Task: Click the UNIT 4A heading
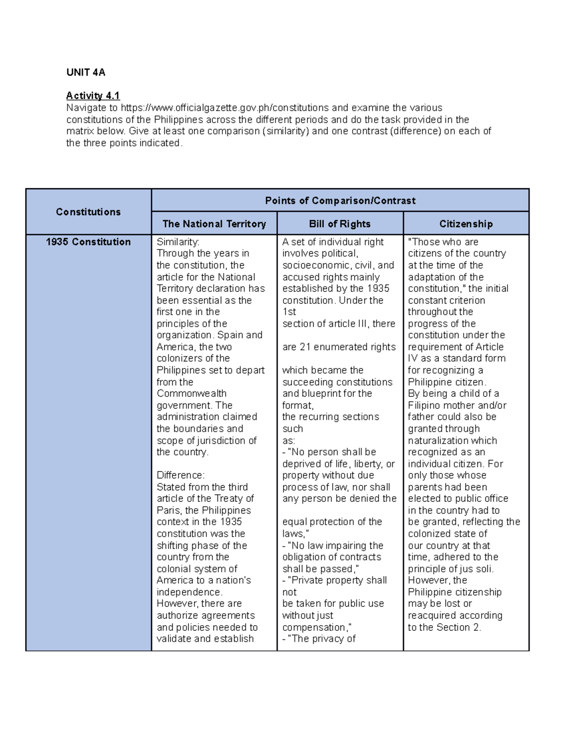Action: point(86,72)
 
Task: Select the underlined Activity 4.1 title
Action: point(93,96)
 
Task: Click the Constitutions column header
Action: point(88,212)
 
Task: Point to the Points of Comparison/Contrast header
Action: point(340,201)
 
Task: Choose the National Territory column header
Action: point(214,224)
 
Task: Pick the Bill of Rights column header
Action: point(339,224)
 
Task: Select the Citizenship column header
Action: point(466,224)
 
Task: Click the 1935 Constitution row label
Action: point(88,242)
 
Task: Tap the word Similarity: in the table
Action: point(178,242)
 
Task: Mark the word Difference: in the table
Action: point(180,475)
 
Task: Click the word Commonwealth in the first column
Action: point(191,394)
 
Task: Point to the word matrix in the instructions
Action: point(78,131)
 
